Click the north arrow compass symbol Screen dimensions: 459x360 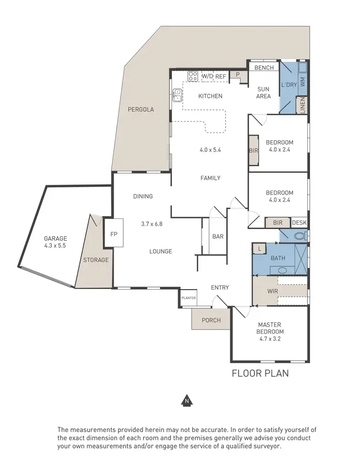(x=185, y=399)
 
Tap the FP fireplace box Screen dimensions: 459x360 (x=114, y=234)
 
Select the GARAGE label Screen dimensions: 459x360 (x=56, y=239)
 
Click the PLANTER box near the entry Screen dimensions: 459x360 (x=189, y=298)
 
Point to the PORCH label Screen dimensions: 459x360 (x=211, y=320)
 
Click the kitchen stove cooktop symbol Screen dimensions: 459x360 (x=193, y=76)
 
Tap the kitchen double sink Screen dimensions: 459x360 (x=177, y=95)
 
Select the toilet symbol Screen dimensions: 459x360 (x=300, y=236)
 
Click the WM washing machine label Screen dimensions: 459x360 (x=302, y=82)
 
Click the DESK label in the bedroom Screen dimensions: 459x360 (x=299, y=223)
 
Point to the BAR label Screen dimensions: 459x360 (x=218, y=237)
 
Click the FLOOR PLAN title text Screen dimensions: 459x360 (x=260, y=373)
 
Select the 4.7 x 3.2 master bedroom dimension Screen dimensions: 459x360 (x=270, y=339)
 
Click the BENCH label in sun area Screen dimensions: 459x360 (x=264, y=68)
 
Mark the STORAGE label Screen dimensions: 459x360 (x=96, y=260)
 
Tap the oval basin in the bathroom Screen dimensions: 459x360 (x=282, y=270)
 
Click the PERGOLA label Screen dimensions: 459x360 (x=141, y=109)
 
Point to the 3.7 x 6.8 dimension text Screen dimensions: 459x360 (x=153, y=224)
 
